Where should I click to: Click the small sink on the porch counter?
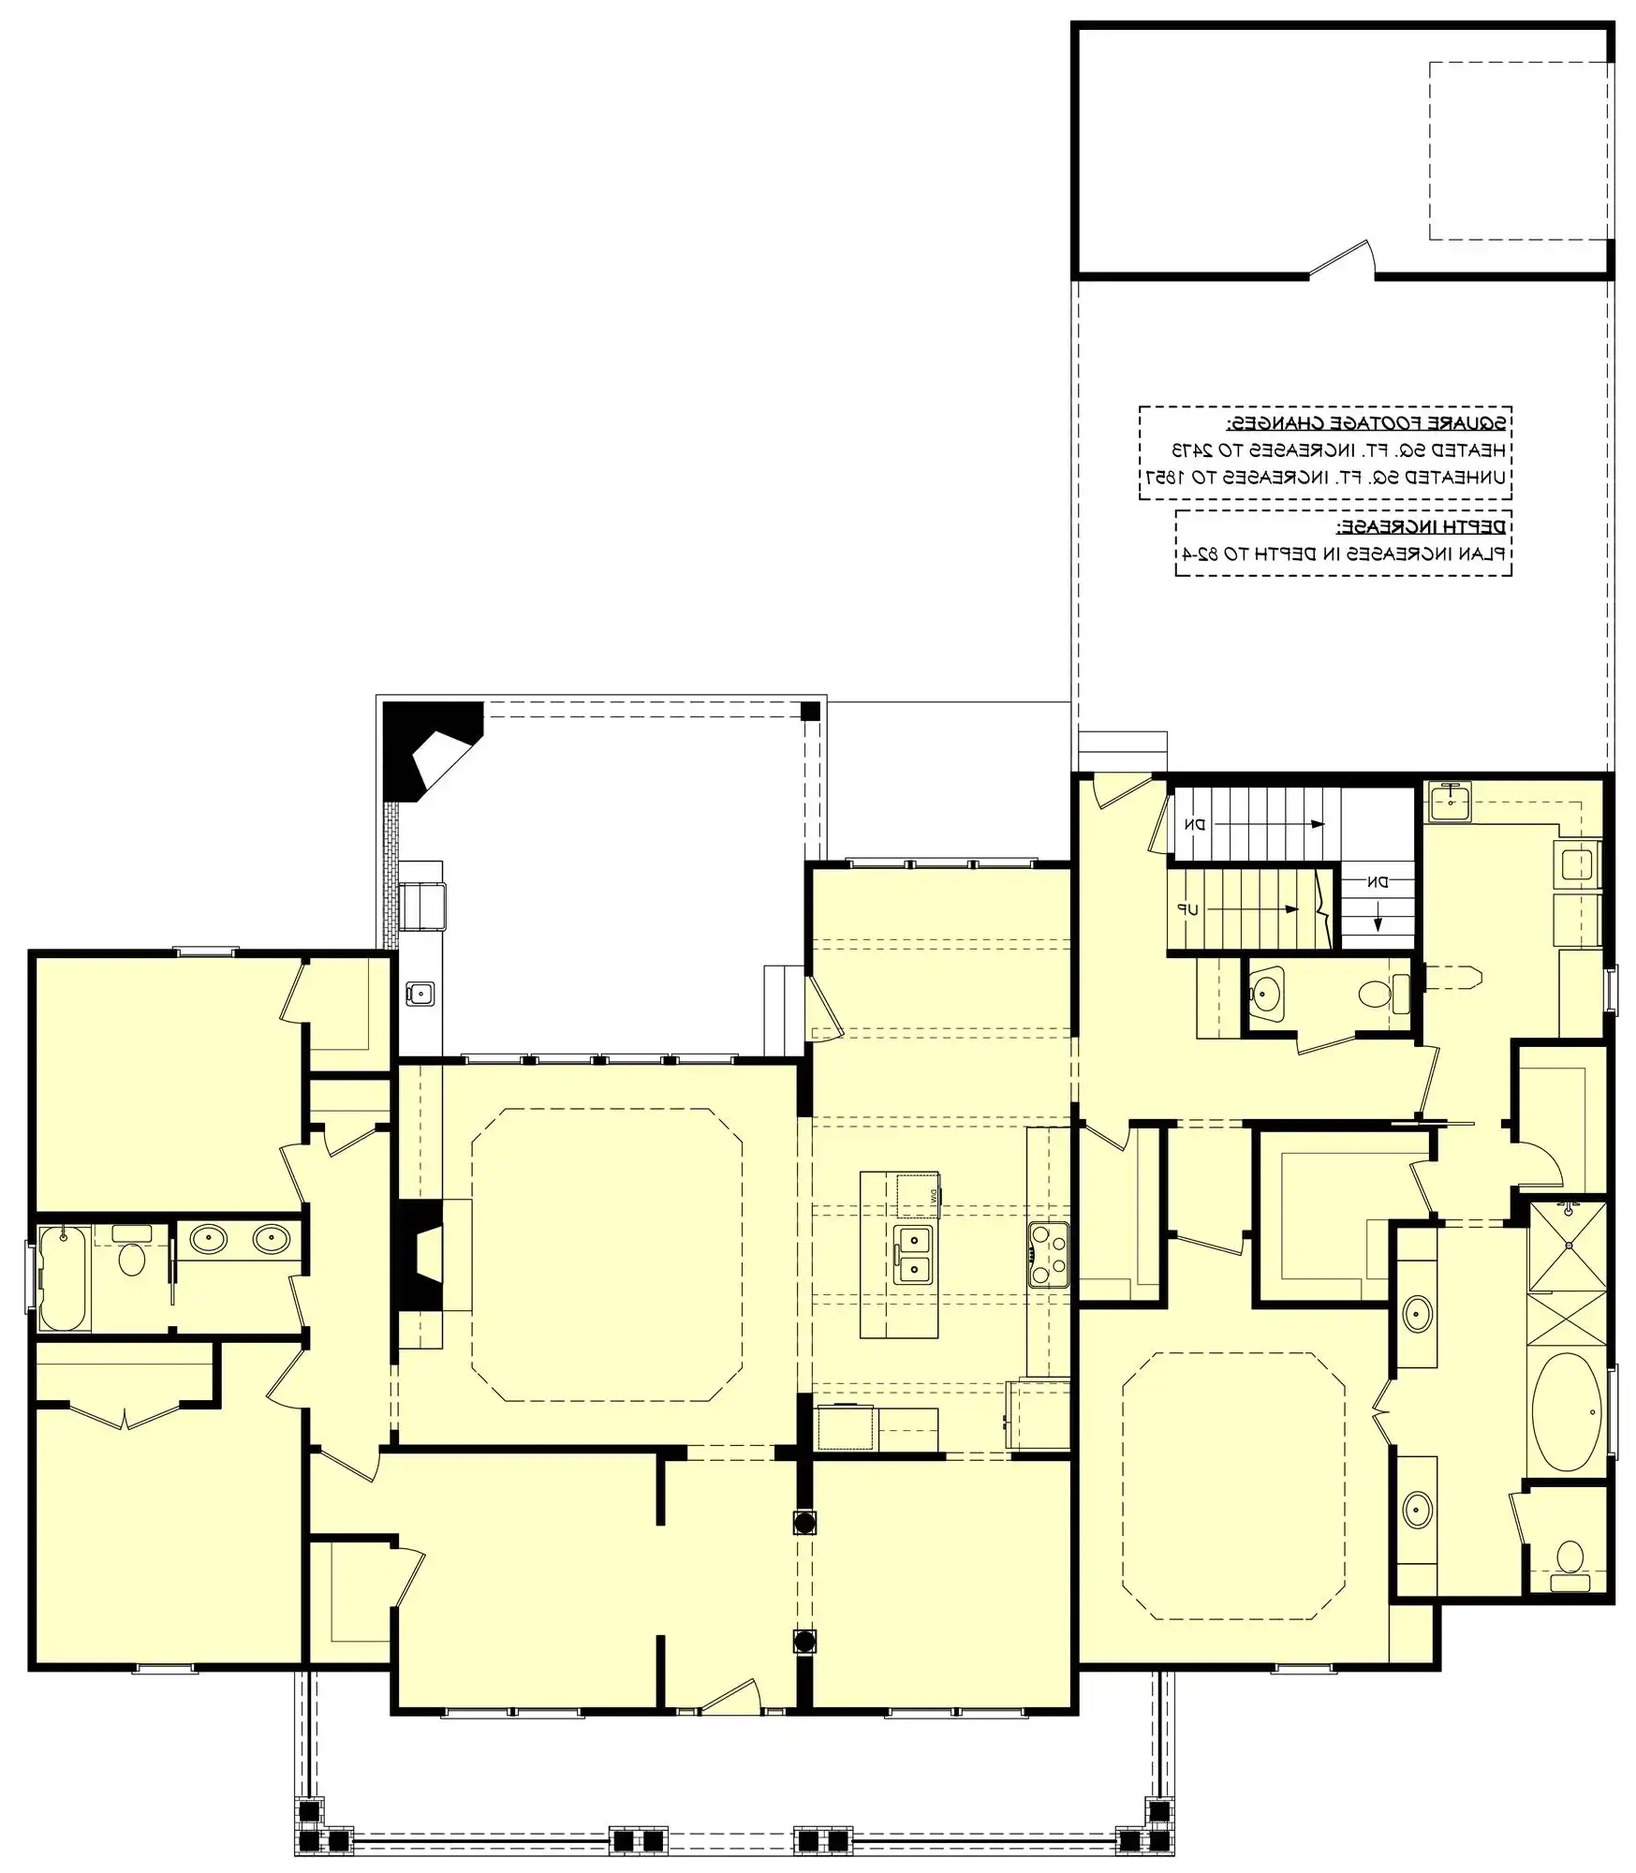tap(420, 993)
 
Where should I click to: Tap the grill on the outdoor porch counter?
tap(422, 905)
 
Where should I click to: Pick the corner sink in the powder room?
tap(1266, 992)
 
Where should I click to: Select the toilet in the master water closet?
tap(1570, 1559)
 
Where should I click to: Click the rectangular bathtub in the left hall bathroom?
tap(64, 1277)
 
